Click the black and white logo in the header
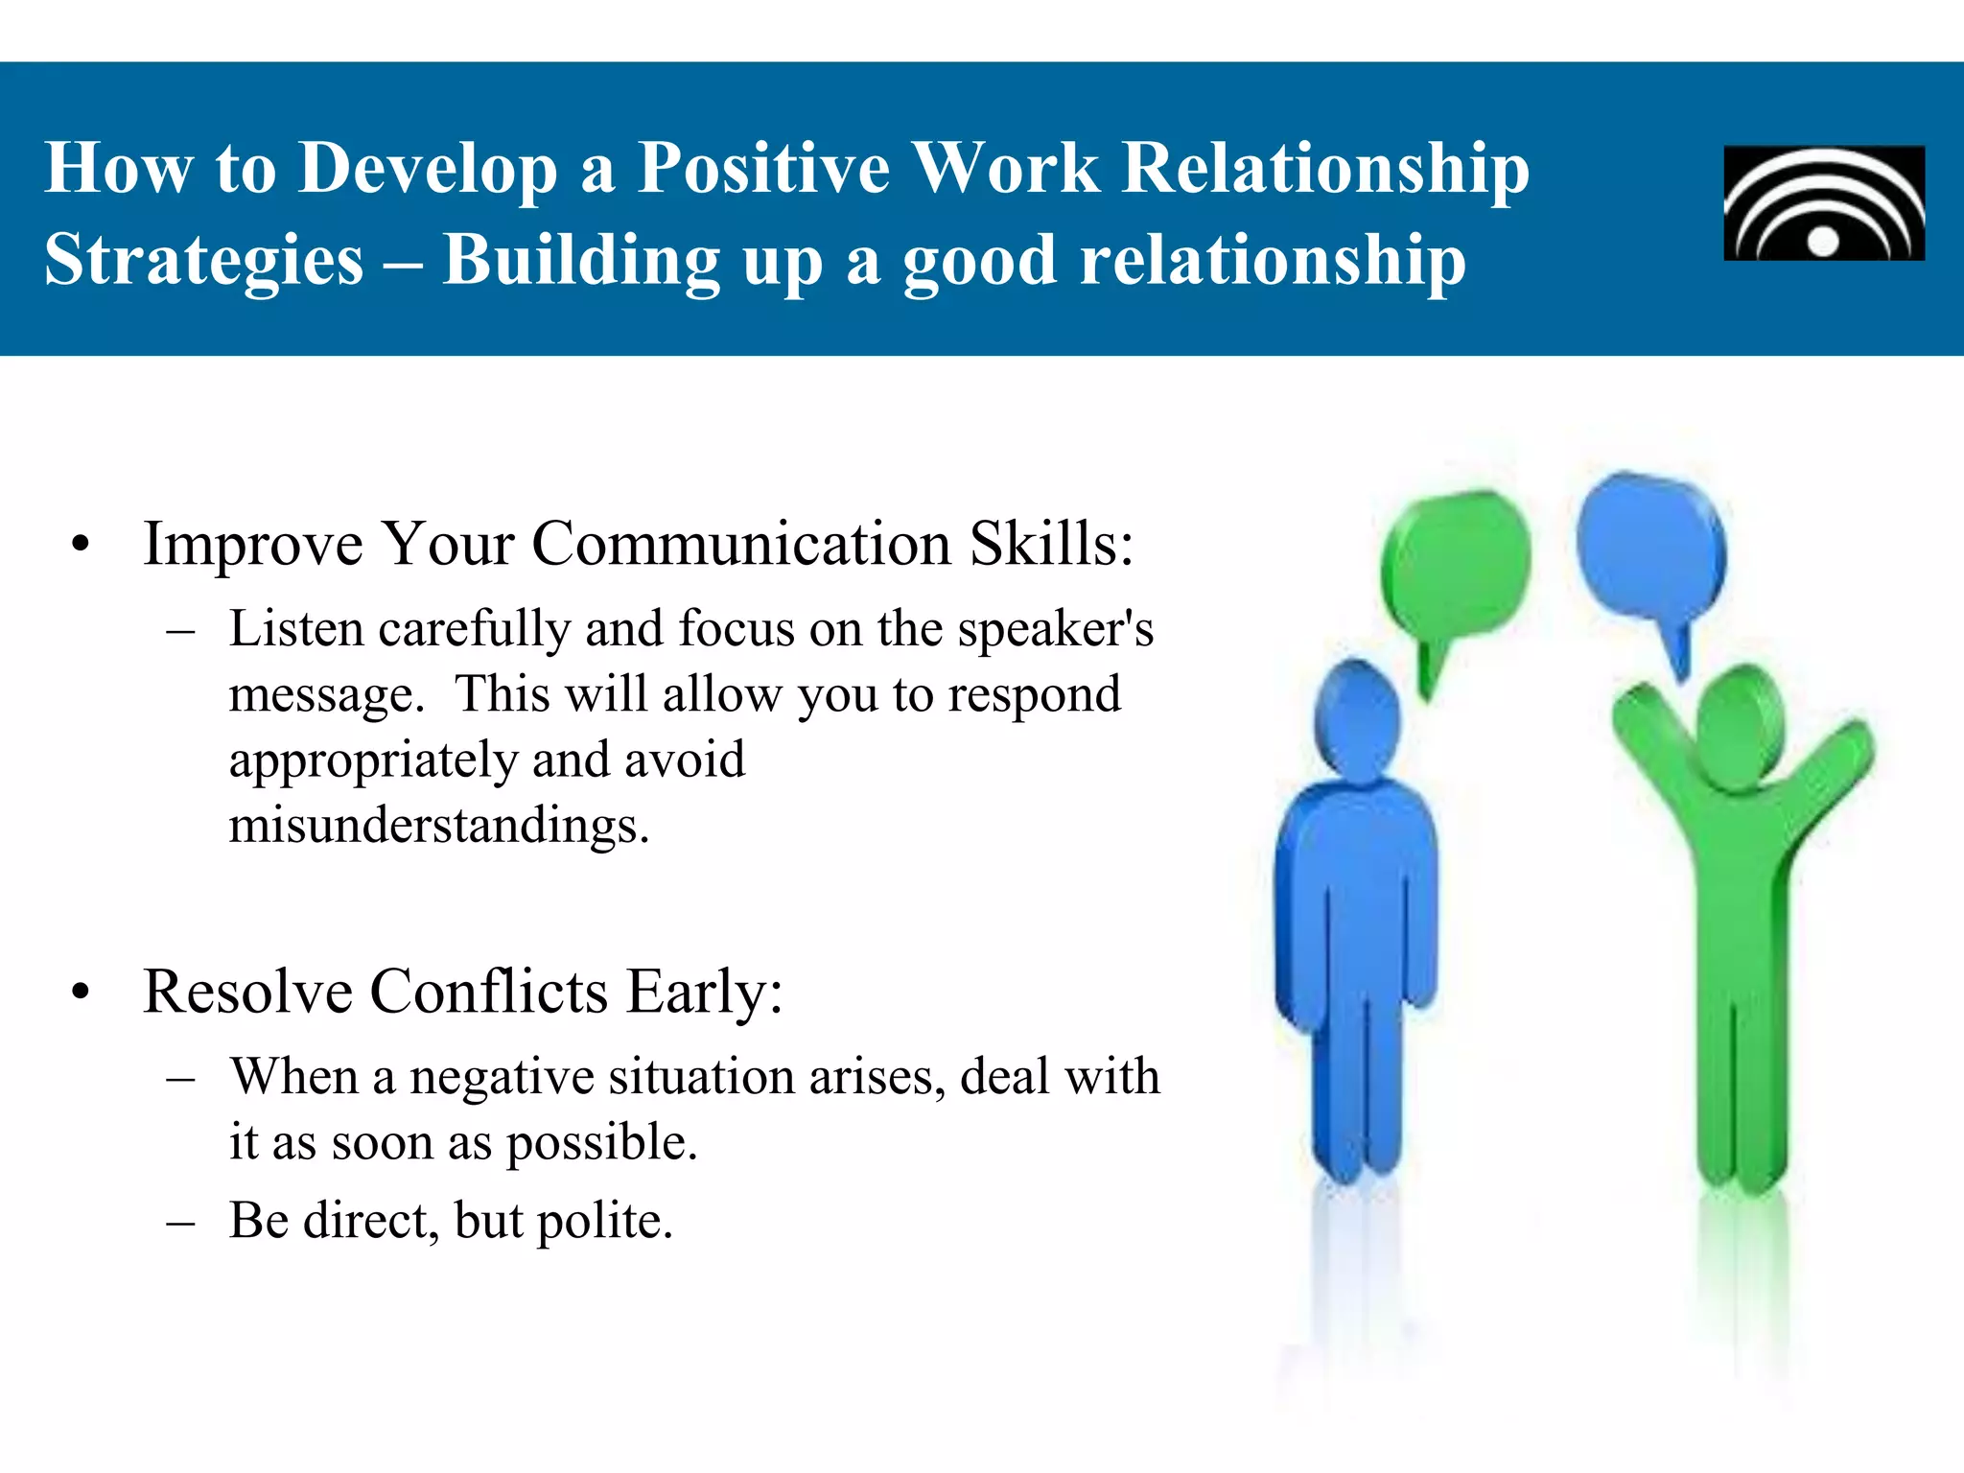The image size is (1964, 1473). pyautogui.click(x=1824, y=203)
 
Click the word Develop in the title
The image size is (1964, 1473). pyautogui.click(x=428, y=169)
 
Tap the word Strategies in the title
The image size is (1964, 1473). pyautogui.click(x=204, y=261)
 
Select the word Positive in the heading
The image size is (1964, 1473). pyautogui.click(x=763, y=169)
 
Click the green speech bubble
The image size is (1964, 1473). pyautogui.click(x=1456, y=566)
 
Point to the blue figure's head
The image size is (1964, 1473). pyautogui.click(x=1356, y=719)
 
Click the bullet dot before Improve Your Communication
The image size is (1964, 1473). pyautogui.click(x=81, y=545)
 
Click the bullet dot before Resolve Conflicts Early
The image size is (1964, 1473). pyautogui.click(x=81, y=993)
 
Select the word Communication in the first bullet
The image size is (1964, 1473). pyautogui.click(x=740, y=545)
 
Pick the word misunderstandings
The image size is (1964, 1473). pyautogui.click(x=439, y=825)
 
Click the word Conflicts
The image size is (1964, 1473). pyautogui.click(x=489, y=992)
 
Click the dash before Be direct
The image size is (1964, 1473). pyautogui.click(x=180, y=1223)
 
